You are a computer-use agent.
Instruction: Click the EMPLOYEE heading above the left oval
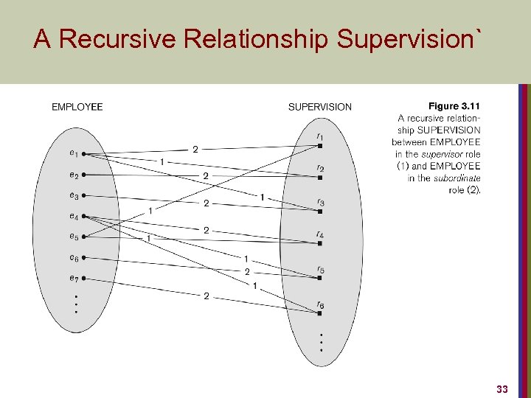tap(77, 107)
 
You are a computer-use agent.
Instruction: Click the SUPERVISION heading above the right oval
tap(319, 107)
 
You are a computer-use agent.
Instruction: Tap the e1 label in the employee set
tap(73, 153)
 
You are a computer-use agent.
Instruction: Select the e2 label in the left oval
tap(73, 175)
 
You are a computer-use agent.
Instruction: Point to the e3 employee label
tap(73, 195)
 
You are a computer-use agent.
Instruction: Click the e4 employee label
tap(73, 216)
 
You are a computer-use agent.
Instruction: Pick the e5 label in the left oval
tap(73, 237)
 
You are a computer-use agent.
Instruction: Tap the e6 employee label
tap(73, 257)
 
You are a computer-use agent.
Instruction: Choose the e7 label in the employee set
tap(73, 278)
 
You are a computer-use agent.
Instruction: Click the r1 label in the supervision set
tap(319, 136)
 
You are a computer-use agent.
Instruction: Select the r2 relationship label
tap(320, 169)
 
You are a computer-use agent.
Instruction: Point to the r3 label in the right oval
tap(320, 202)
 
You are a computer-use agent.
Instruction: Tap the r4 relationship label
tap(320, 235)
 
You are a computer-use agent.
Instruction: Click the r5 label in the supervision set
tap(320, 270)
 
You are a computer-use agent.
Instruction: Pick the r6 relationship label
tap(320, 304)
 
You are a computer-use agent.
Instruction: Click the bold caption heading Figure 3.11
tap(454, 106)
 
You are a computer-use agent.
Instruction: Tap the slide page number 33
tap(502, 388)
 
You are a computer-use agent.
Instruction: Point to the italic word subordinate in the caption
tap(451, 178)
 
